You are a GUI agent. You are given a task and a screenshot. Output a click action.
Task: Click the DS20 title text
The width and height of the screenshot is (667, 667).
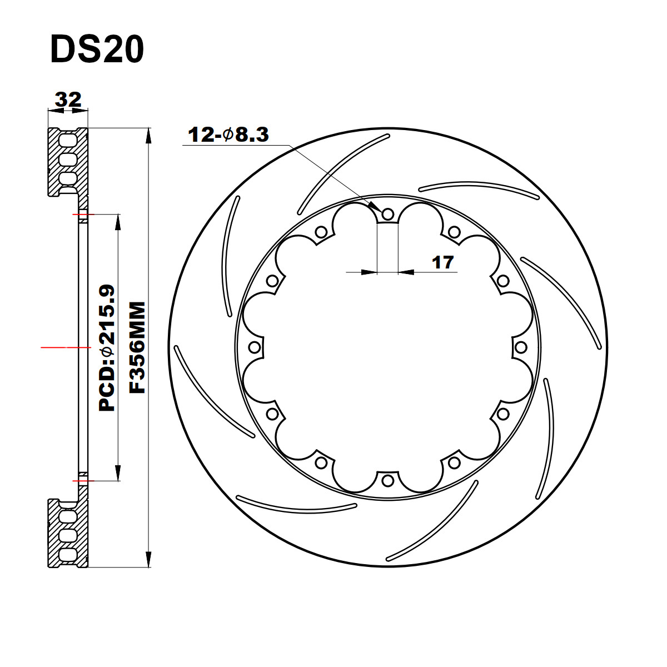coord(97,50)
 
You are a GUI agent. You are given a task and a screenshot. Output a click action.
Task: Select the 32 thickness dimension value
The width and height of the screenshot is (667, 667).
coord(68,99)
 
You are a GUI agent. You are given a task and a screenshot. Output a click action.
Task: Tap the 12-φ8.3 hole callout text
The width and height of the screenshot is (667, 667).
coord(228,135)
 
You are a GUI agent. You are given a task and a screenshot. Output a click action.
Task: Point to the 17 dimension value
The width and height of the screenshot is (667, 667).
coord(443,262)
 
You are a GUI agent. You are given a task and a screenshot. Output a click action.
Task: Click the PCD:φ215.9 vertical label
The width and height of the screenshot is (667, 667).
coord(107,347)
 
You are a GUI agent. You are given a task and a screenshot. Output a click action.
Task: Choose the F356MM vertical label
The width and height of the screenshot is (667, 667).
coord(137,347)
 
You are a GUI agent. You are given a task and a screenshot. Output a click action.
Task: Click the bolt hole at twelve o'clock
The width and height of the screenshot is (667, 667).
coord(388,214)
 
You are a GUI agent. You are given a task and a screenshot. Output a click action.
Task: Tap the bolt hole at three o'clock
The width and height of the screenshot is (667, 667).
coord(521,347)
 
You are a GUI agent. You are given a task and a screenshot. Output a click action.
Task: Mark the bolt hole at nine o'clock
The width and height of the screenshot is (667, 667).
coord(255,347)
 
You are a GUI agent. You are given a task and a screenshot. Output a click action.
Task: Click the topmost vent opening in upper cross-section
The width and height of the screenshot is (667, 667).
coord(68,138)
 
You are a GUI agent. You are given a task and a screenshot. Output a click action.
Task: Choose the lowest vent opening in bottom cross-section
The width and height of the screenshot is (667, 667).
coord(68,554)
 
